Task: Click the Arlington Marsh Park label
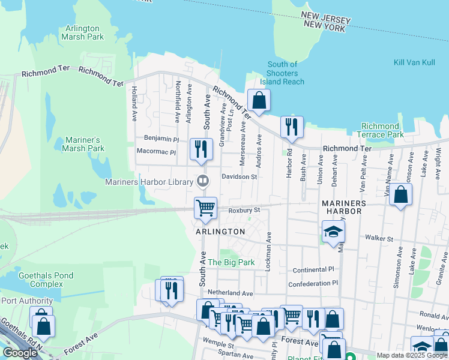coord(82,32)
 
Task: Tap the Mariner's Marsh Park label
coord(83,144)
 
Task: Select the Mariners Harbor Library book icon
coord(203,181)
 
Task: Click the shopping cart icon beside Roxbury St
coord(205,208)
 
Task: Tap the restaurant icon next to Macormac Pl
coord(201,149)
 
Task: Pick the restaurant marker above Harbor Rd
coord(292,127)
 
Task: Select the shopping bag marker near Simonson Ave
coord(400,195)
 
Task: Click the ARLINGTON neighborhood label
coord(220,232)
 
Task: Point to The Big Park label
coord(231,262)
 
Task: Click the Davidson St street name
coord(239,177)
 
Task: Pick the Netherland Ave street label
coord(231,293)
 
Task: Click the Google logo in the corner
coord(20,353)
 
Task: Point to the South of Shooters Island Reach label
coord(282,73)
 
